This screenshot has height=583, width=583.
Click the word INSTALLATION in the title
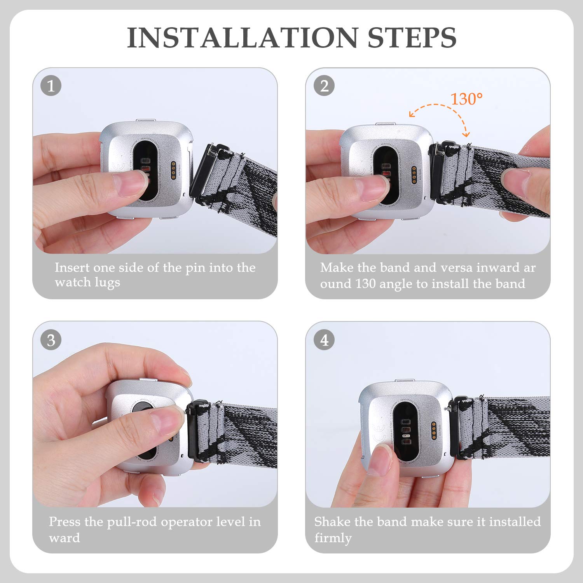click(242, 38)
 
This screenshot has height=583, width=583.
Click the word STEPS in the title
click(412, 38)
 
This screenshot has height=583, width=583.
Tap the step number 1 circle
click(51, 86)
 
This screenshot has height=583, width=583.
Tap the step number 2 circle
click(324, 86)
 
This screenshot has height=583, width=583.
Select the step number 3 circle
click(51, 340)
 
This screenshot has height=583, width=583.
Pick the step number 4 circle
click(324, 340)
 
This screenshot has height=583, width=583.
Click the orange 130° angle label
click(466, 99)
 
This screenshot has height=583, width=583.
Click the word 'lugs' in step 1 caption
click(107, 283)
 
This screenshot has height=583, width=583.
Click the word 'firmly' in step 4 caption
click(333, 538)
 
